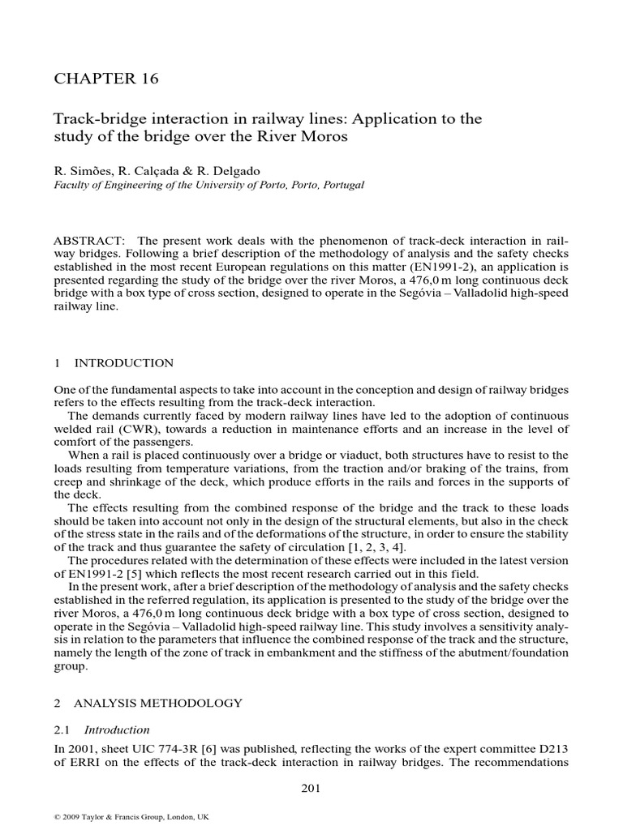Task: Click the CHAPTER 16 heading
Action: [105, 79]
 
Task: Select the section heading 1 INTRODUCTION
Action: [114, 362]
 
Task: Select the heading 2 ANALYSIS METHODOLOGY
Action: [148, 702]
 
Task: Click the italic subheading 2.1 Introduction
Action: [101, 729]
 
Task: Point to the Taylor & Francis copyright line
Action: [131, 817]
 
